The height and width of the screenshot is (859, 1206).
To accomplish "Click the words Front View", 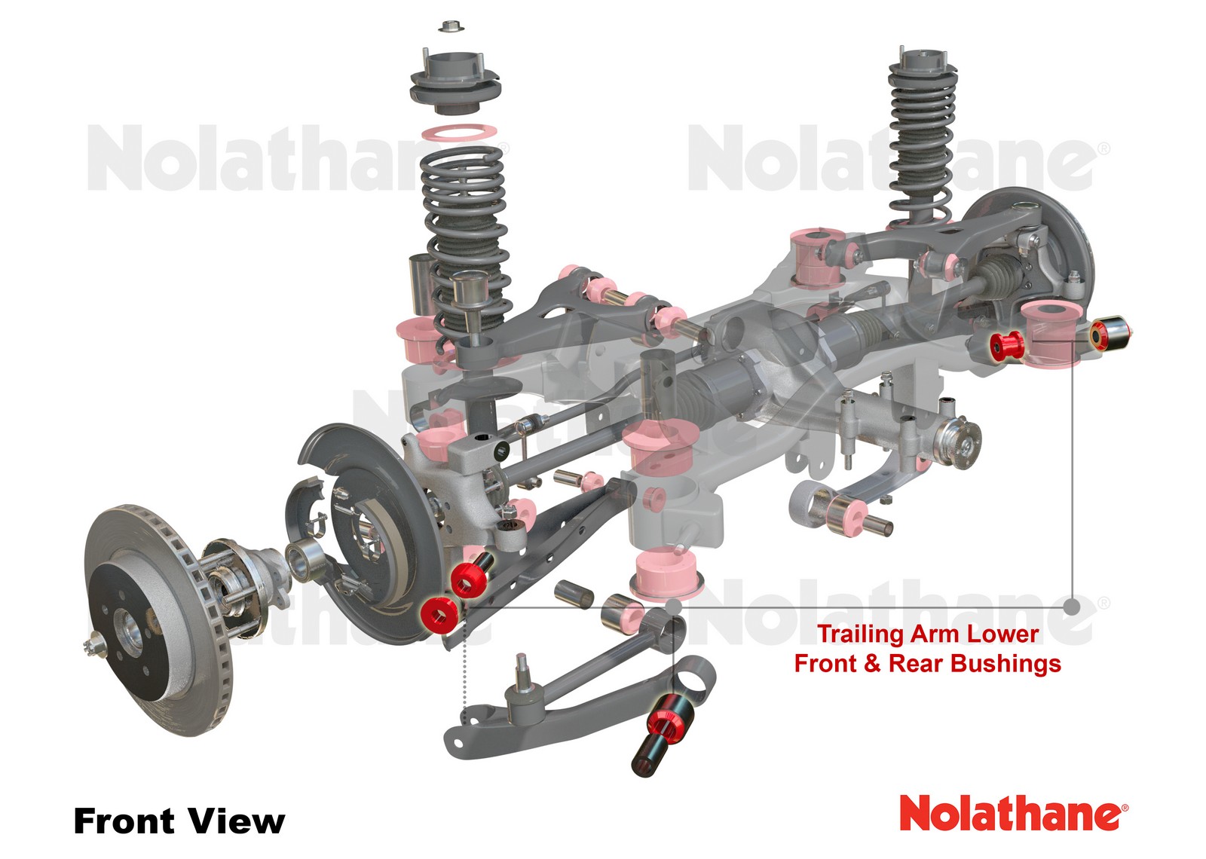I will [x=179, y=821].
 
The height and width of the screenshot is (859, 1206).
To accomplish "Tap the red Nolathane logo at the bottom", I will [x=1012, y=814].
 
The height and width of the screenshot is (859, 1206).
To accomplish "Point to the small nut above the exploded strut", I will [x=449, y=26].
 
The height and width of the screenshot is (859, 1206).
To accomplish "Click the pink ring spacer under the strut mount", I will [x=458, y=133].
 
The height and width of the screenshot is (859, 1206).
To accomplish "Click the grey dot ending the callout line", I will [x=1073, y=606].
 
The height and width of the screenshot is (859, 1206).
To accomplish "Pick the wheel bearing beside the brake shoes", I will [x=305, y=560].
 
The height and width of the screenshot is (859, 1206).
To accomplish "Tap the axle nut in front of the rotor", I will [x=95, y=644].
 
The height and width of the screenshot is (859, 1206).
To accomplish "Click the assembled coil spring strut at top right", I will [x=921, y=136].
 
